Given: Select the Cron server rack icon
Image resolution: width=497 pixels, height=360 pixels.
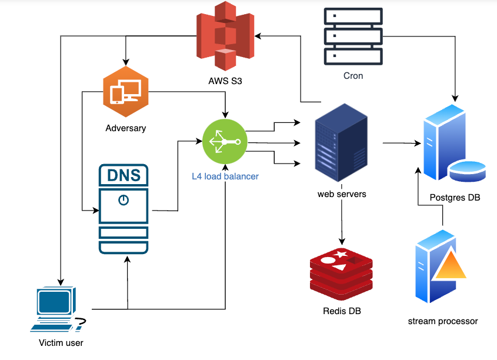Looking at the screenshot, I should click(x=353, y=36).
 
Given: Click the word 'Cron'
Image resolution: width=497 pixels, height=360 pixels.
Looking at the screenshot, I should click(x=353, y=76).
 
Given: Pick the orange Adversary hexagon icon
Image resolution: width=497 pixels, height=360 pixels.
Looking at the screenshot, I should click(x=125, y=91).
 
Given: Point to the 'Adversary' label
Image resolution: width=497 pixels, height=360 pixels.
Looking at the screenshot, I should click(x=125, y=128).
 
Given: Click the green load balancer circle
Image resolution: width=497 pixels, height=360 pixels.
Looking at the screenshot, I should click(x=224, y=142).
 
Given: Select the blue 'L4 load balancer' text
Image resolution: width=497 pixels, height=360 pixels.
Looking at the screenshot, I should click(x=225, y=176).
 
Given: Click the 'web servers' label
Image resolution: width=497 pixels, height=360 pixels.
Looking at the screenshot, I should click(x=342, y=194).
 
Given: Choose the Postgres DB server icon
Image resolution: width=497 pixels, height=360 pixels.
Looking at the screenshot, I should click(x=453, y=144).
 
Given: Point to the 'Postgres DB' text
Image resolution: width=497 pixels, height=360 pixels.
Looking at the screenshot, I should click(x=455, y=198).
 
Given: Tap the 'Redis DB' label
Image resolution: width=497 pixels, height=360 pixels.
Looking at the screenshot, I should click(x=342, y=311).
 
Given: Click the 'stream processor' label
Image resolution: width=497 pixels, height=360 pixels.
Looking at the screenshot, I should click(x=442, y=321).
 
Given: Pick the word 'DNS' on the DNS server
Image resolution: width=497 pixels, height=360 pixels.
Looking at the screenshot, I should click(x=123, y=175).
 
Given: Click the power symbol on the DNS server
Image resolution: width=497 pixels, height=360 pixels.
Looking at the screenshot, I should click(x=123, y=200).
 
